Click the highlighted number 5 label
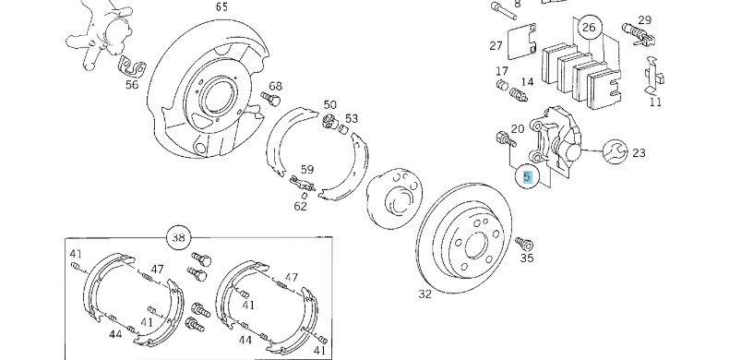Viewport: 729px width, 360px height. tap(527, 176)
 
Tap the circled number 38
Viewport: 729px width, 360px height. tap(178, 237)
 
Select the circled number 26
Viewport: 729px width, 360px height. tap(588, 29)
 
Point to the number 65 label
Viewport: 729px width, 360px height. tap(221, 6)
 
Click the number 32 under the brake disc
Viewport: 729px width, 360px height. tap(424, 294)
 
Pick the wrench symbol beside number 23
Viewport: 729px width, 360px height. tap(614, 150)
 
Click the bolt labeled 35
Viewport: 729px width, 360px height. tap(527, 244)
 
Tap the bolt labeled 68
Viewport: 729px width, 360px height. tap(272, 100)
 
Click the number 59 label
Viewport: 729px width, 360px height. tap(307, 169)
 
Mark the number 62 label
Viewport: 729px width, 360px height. tap(301, 206)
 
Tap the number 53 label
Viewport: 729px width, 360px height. tap(352, 118)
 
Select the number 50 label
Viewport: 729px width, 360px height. tap(329, 104)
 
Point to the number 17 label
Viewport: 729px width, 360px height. tap(502, 71)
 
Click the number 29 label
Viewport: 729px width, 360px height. tap(644, 19)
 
